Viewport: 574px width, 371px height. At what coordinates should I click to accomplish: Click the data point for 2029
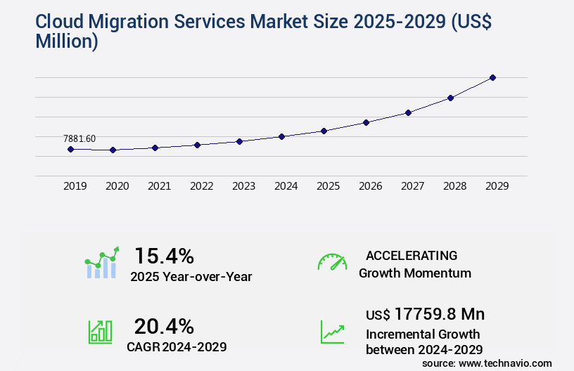493,77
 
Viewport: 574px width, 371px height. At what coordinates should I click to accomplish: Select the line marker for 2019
70,149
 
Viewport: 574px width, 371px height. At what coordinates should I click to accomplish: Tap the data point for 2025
324,131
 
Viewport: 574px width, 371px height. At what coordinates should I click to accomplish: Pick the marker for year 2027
409,112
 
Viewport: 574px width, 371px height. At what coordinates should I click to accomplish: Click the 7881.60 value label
79,138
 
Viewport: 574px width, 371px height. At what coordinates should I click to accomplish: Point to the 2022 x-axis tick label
201,186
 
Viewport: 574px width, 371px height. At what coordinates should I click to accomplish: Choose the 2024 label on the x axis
286,186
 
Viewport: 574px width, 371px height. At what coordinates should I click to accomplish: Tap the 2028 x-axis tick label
454,186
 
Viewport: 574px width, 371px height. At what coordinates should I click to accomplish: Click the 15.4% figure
164,256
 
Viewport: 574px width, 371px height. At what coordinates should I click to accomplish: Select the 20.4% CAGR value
164,326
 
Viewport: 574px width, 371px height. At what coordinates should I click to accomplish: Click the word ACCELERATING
412,255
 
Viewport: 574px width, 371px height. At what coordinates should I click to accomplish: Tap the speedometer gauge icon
332,262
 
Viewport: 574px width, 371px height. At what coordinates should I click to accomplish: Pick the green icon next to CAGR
100,332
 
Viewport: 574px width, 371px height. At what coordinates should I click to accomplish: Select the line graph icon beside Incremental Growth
332,332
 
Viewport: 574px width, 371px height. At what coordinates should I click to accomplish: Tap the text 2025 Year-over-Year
191,277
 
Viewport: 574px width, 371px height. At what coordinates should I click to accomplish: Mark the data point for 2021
155,148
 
